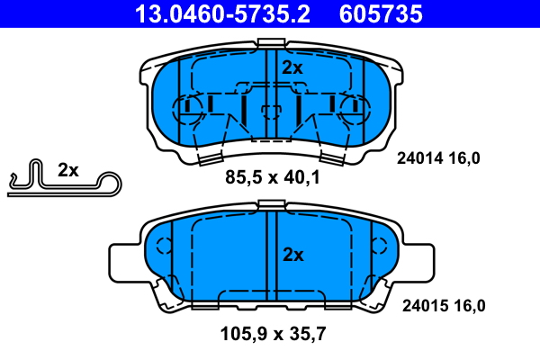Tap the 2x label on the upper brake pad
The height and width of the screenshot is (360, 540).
pos(292,67)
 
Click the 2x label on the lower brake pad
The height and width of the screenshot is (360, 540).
pos(292,255)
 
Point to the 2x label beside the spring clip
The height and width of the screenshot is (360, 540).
pos(68,170)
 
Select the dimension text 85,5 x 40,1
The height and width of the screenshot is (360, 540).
pos(273,178)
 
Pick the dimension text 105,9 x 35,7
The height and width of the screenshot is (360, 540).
pos(273,334)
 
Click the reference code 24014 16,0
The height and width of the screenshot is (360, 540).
pos(439,158)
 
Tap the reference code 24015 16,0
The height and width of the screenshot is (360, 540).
pos(441,305)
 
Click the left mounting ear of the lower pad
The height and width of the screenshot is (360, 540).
pos(124,261)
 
